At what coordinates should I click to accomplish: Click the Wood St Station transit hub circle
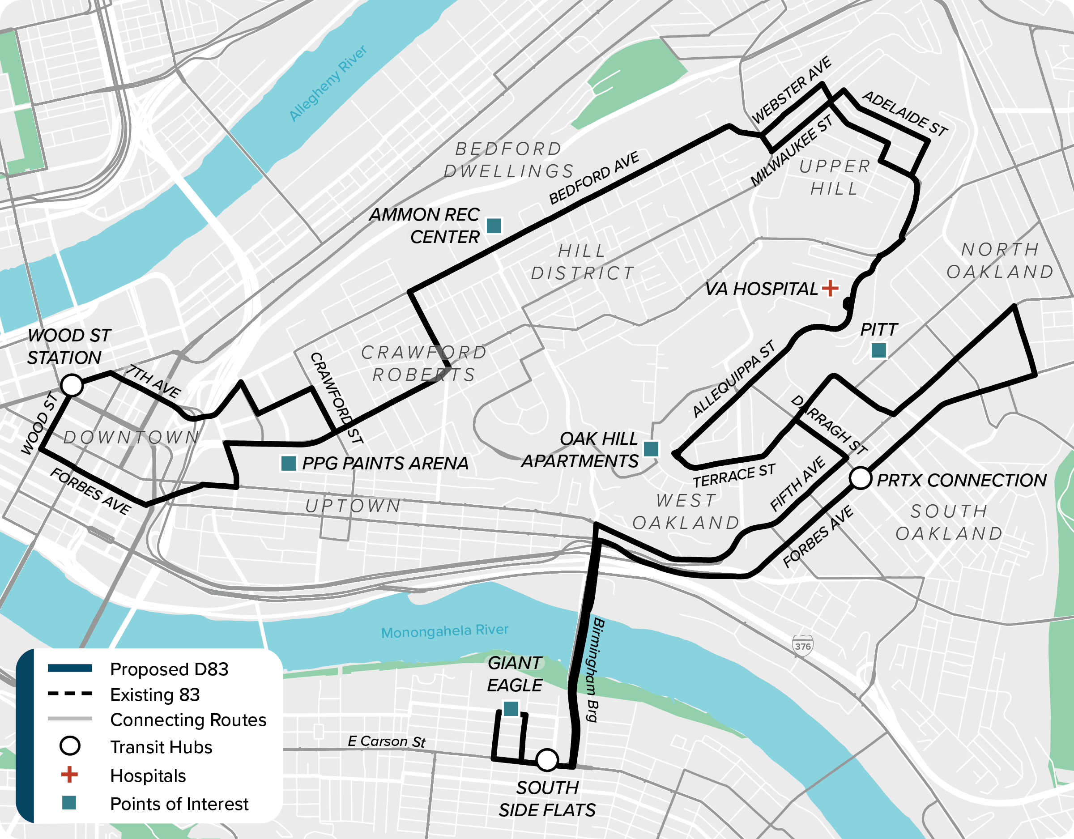click(x=72, y=385)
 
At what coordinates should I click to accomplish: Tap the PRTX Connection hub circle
click(x=861, y=478)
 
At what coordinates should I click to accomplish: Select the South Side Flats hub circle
click(x=547, y=760)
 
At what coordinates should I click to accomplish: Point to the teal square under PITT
click(x=879, y=351)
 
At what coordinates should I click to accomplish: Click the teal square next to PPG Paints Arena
click(x=288, y=463)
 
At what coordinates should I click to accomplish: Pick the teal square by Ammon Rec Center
click(x=494, y=226)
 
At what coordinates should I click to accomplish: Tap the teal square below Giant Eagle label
click(x=511, y=709)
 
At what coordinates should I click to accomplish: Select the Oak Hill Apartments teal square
click(x=651, y=448)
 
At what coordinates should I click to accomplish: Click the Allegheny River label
click(x=328, y=84)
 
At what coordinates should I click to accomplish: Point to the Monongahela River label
click(x=444, y=631)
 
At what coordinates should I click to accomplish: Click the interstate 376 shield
click(x=802, y=646)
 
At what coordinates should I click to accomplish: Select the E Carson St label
click(x=386, y=741)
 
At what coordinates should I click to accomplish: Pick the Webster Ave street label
click(x=792, y=90)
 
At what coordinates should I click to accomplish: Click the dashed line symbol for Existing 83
click(x=70, y=694)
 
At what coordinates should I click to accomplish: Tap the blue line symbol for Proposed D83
click(x=70, y=668)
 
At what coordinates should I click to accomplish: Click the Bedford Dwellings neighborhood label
click(x=509, y=160)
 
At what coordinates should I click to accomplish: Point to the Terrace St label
click(x=734, y=475)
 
